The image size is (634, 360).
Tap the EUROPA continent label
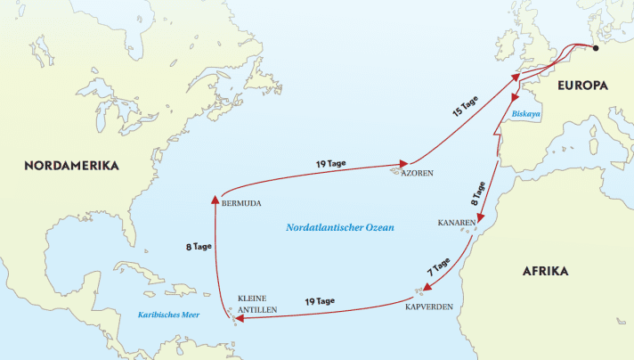[582, 86]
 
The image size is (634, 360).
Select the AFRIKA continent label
[545, 271]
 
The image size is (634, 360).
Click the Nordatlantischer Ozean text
[339, 228]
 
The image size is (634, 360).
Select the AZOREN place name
[417, 175]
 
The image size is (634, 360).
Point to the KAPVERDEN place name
[430, 307]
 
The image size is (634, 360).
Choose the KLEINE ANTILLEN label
[257, 304]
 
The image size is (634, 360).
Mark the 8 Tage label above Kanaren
[479, 194]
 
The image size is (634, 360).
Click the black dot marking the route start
[596, 48]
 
